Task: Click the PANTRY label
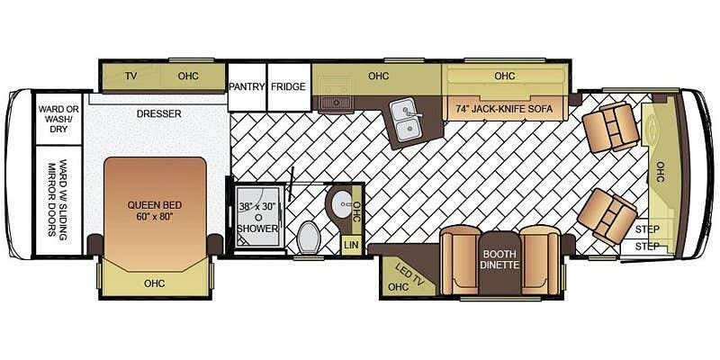[247, 86]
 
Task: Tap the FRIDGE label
[288, 86]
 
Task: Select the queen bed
[155, 214]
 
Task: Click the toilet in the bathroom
[308, 237]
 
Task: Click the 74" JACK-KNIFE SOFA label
[504, 109]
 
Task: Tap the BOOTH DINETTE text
[499, 259]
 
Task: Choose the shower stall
[258, 217]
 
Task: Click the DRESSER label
[159, 114]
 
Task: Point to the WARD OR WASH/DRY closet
[58, 119]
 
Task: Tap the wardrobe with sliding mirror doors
[58, 200]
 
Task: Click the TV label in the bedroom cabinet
[130, 76]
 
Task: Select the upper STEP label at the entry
[647, 229]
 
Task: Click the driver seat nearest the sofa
[610, 127]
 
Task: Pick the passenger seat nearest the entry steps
[607, 215]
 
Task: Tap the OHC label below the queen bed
[154, 283]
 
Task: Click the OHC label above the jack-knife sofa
[505, 76]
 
